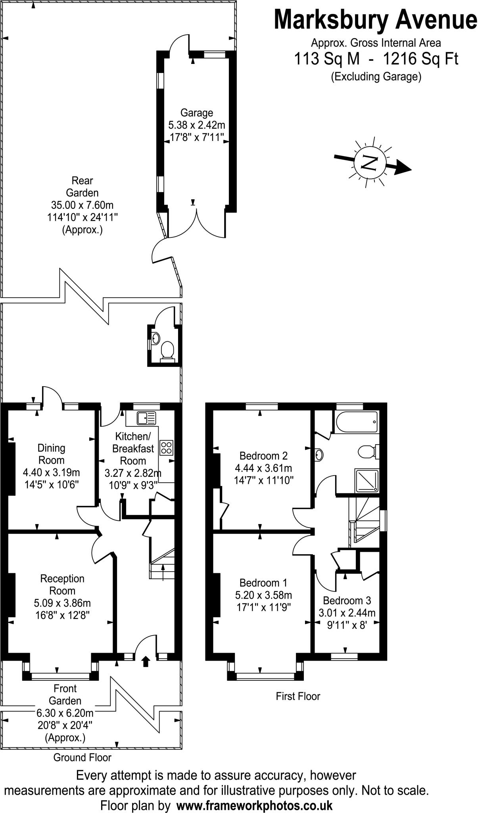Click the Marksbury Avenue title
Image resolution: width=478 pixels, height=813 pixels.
(x=375, y=21)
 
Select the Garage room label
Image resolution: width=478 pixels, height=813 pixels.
(x=196, y=113)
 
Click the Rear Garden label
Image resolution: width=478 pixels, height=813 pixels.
(x=82, y=187)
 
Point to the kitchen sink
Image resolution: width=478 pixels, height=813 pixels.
(x=147, y=418)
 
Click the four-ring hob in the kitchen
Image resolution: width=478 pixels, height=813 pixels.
(x=167, y=447)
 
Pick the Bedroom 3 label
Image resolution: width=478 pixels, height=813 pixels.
(x=347, y=600)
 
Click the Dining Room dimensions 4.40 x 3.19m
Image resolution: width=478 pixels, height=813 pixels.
(x=52, y=472)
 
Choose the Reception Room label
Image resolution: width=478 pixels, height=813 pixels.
(x=62, y=584)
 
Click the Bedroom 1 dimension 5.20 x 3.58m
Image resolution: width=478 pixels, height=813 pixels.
(x=264, y=595)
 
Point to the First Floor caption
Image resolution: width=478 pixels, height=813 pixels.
(x=298, y=696)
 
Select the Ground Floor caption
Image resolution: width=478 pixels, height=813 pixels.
(x=83, y=757)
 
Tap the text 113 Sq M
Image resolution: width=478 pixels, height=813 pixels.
(x=327, y=59)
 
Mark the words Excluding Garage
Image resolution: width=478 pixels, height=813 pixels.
(x=376, y=76)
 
